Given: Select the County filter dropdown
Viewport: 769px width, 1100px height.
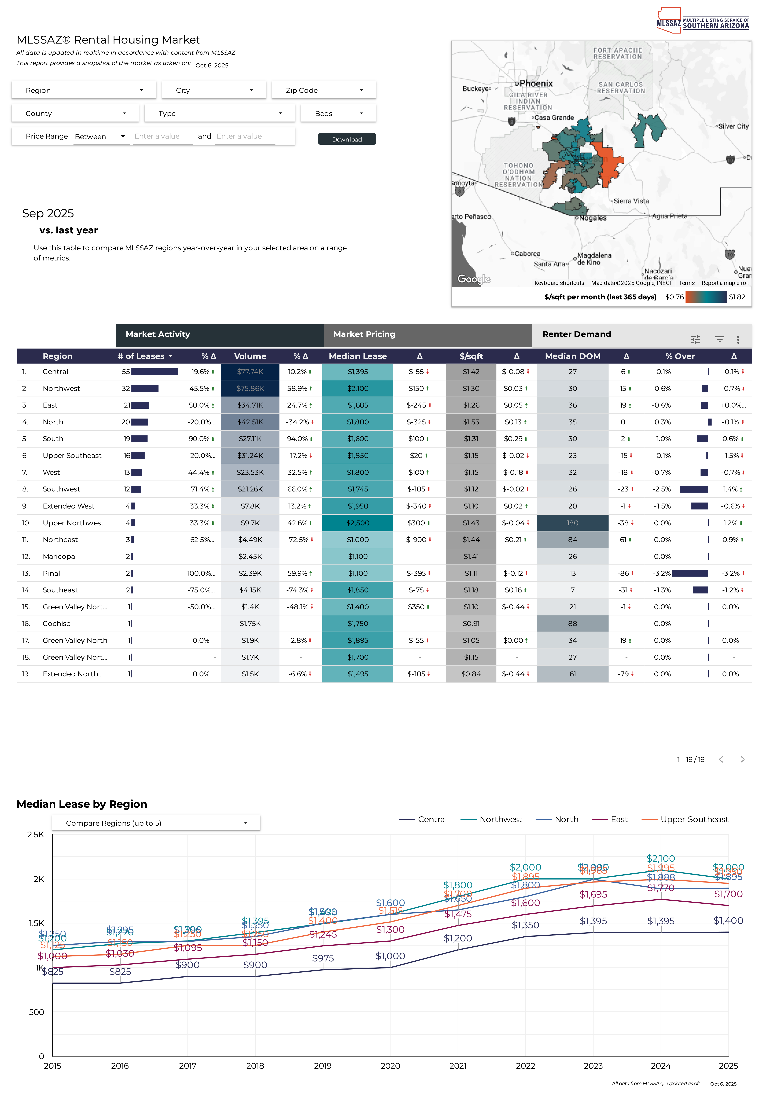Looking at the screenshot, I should pos(75,114).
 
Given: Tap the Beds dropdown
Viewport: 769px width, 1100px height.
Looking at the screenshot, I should pos(338,114).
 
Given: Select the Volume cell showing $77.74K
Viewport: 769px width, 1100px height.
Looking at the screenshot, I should pos(250,372).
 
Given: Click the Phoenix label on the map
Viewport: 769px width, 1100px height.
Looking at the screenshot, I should pos(536,83).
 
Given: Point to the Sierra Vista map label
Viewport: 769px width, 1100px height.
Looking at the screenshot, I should pos(631,201).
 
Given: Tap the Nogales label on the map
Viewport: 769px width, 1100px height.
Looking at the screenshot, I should pos(592,218).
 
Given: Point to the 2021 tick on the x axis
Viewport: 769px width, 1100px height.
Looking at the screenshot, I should pos(458,1066).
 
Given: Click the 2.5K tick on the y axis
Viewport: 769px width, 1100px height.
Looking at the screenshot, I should pos(35,835).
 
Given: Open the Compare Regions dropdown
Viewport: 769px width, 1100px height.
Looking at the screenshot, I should pos(156,823).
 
